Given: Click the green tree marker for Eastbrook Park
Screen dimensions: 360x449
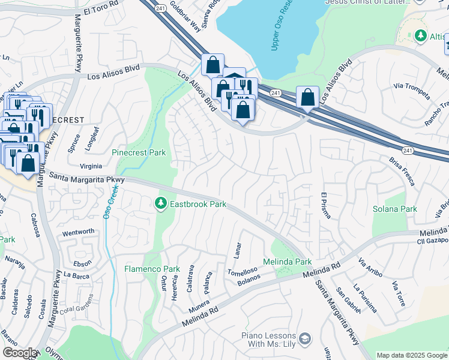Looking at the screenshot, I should coord(161,204).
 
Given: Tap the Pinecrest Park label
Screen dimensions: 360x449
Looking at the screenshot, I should coord(139,153).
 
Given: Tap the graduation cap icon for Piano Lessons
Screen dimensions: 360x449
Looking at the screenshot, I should coord(306,339).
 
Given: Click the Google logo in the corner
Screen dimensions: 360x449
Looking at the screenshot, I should coord(20,353).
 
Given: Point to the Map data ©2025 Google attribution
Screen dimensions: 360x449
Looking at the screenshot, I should coord(411,355).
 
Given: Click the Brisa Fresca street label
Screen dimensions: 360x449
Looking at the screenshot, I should coord(402,172).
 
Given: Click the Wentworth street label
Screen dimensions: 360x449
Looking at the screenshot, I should coord(78,232).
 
